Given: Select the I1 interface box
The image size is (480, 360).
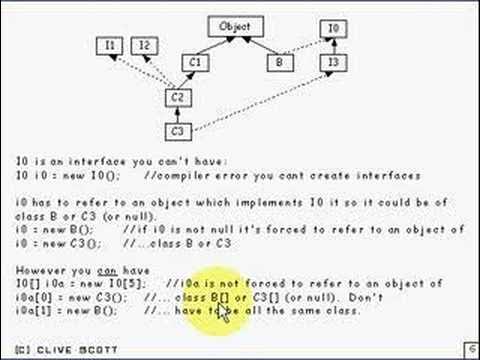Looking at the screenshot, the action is tap(111, 45).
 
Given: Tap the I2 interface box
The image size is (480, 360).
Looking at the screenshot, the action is tap(144, 45).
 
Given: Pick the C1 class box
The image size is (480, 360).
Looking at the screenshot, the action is tap(198, 62).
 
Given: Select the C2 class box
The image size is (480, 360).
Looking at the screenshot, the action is tap(177, 97).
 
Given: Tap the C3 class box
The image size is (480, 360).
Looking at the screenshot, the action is tap(177, 131).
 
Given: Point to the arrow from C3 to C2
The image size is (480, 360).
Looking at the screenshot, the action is tap(177, 114).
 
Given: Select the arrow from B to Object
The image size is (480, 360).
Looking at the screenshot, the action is tap(263, 47).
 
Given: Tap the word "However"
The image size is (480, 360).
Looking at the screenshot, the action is tap(36, 269).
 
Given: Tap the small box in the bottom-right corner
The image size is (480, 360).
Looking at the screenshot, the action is tap(468, 350).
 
